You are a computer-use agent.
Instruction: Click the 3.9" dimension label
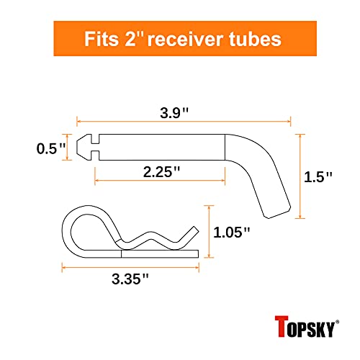click(174, 113)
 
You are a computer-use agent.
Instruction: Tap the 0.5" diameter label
click(51, 148)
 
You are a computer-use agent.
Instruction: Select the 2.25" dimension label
click(161, 172)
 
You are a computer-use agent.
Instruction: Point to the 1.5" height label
click(318, 177)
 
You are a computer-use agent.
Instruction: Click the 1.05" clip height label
click(232, 233)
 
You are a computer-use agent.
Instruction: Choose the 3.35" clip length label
click(130, 279)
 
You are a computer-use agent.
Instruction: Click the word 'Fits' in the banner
click(102, 39)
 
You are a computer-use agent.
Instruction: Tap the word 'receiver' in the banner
click(186, 40)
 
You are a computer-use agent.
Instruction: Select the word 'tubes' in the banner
click(255, 39)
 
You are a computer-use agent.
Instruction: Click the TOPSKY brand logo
click(307, 326)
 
